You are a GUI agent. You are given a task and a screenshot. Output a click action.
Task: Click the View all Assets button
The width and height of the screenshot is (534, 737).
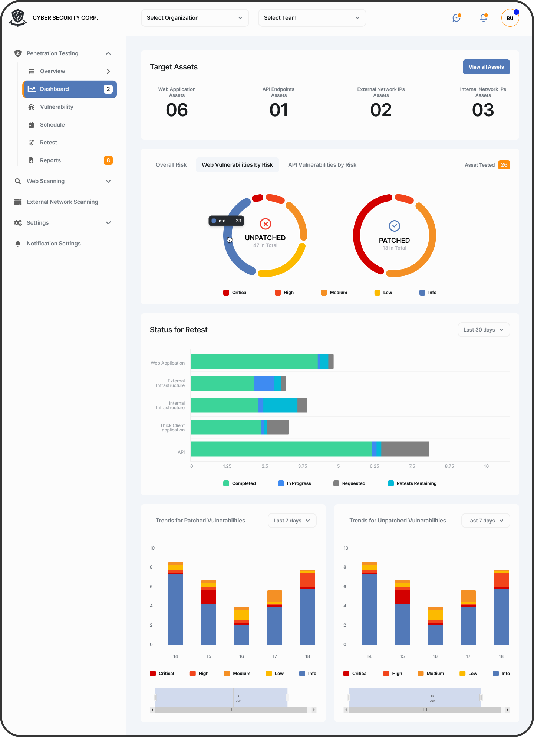(486, 67)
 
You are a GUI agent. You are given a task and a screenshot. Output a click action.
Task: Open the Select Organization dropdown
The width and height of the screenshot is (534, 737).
(195, 18)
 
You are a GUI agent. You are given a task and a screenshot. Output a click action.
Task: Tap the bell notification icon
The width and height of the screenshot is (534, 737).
(483, 18)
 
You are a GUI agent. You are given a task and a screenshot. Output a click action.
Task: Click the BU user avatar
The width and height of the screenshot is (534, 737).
(510, 18)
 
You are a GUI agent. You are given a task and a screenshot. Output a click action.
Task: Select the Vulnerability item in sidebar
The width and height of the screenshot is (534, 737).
(56, 107)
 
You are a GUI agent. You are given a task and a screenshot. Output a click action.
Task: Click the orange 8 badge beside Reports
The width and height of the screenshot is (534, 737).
(108, 160)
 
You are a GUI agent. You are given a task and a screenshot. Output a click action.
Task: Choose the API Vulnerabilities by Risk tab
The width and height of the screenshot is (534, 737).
(322, 165)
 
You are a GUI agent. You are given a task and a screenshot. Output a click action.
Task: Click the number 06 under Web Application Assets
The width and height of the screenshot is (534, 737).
(177, 110)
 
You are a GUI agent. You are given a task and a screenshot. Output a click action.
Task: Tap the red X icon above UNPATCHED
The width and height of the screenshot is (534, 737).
(265, 224)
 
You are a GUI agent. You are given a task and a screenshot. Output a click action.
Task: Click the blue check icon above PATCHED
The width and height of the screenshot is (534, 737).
(394, 226)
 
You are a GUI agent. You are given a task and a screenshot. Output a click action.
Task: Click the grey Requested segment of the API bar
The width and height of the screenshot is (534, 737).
(405, 449)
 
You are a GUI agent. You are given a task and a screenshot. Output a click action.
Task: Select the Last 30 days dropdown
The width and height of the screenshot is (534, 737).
(484, 330)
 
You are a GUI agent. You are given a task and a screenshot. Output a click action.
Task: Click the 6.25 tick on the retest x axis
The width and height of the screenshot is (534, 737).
(374, 466)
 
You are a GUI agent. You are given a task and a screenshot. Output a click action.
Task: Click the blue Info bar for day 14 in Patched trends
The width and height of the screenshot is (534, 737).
(175, 609)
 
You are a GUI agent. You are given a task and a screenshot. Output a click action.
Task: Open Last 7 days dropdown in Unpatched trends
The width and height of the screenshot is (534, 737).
(485, 521)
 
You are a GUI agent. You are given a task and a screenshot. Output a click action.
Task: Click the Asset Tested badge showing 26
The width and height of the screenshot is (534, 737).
(504, 165)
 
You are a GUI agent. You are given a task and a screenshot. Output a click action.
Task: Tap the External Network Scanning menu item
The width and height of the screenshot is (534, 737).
(62, 202)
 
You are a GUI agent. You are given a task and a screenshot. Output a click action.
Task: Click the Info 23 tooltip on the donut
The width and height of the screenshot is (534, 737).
(226, 221)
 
